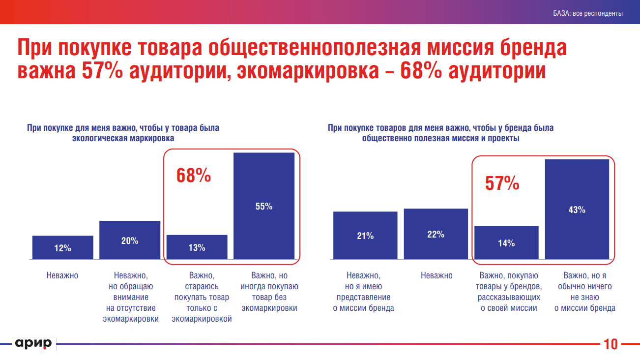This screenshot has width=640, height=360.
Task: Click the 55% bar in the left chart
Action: pyautogui.click(x=264, y=206)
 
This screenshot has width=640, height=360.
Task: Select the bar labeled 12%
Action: pyautogui.click(x=63, y=247)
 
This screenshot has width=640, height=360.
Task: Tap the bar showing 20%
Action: pyautogui.click(x=130, y=240)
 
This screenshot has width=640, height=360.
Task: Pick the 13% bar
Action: pyautogui.click(x=197, y=247)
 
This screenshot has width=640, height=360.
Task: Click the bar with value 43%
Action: pyautogui.click(x=577, y=209)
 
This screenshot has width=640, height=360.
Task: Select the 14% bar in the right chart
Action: pyautogui.click(x=506, y=242)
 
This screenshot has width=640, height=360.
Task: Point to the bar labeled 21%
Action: pyautogui.click(x=365, y=235)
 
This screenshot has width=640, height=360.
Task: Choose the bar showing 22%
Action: pyautogui.click(x=436, y=234)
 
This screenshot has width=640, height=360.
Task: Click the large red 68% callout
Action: pyautogui.click(x=194, y=176)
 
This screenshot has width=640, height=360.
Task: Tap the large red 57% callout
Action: pyautogui.click(x=502, y=183)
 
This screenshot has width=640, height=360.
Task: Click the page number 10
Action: pyautogui.click(x=611, y=344)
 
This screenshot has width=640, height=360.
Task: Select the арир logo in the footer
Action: pyautogui.click(x=33, y=344)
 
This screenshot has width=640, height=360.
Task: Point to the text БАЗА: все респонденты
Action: pyautogui.click(x=587, y=13)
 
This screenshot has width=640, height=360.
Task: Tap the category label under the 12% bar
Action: pyautogui.click(x=62, y=275)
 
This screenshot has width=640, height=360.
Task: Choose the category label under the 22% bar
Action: pyautogui.click(x=436, y=275)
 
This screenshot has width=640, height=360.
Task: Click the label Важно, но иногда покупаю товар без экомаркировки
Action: pyautogui.click(x=269, y=292)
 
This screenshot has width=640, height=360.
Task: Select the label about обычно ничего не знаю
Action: pyautogui.click(x=584, y=292)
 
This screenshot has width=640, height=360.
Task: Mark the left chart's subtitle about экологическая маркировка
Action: pyautogui.click(x=123, y=133)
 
